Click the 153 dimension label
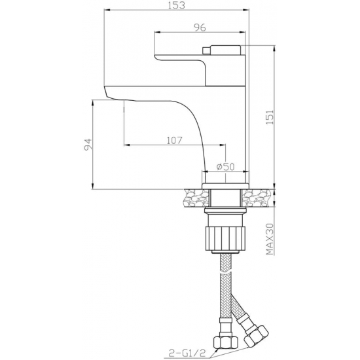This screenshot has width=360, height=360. [x=176, y=5]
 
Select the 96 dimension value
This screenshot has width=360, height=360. [x=200, y=27]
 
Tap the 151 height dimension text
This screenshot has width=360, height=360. [x=270, y=117]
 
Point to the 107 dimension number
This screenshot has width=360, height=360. [x=174, y=140]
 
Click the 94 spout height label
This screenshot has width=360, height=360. [x=88, y=145]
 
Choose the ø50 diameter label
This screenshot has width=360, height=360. [x=226, y=167]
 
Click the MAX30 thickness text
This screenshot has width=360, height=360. [x=270, y=239]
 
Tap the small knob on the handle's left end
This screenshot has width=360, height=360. [x=207, y=50]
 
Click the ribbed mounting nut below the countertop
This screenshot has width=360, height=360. [x=225, y=238]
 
